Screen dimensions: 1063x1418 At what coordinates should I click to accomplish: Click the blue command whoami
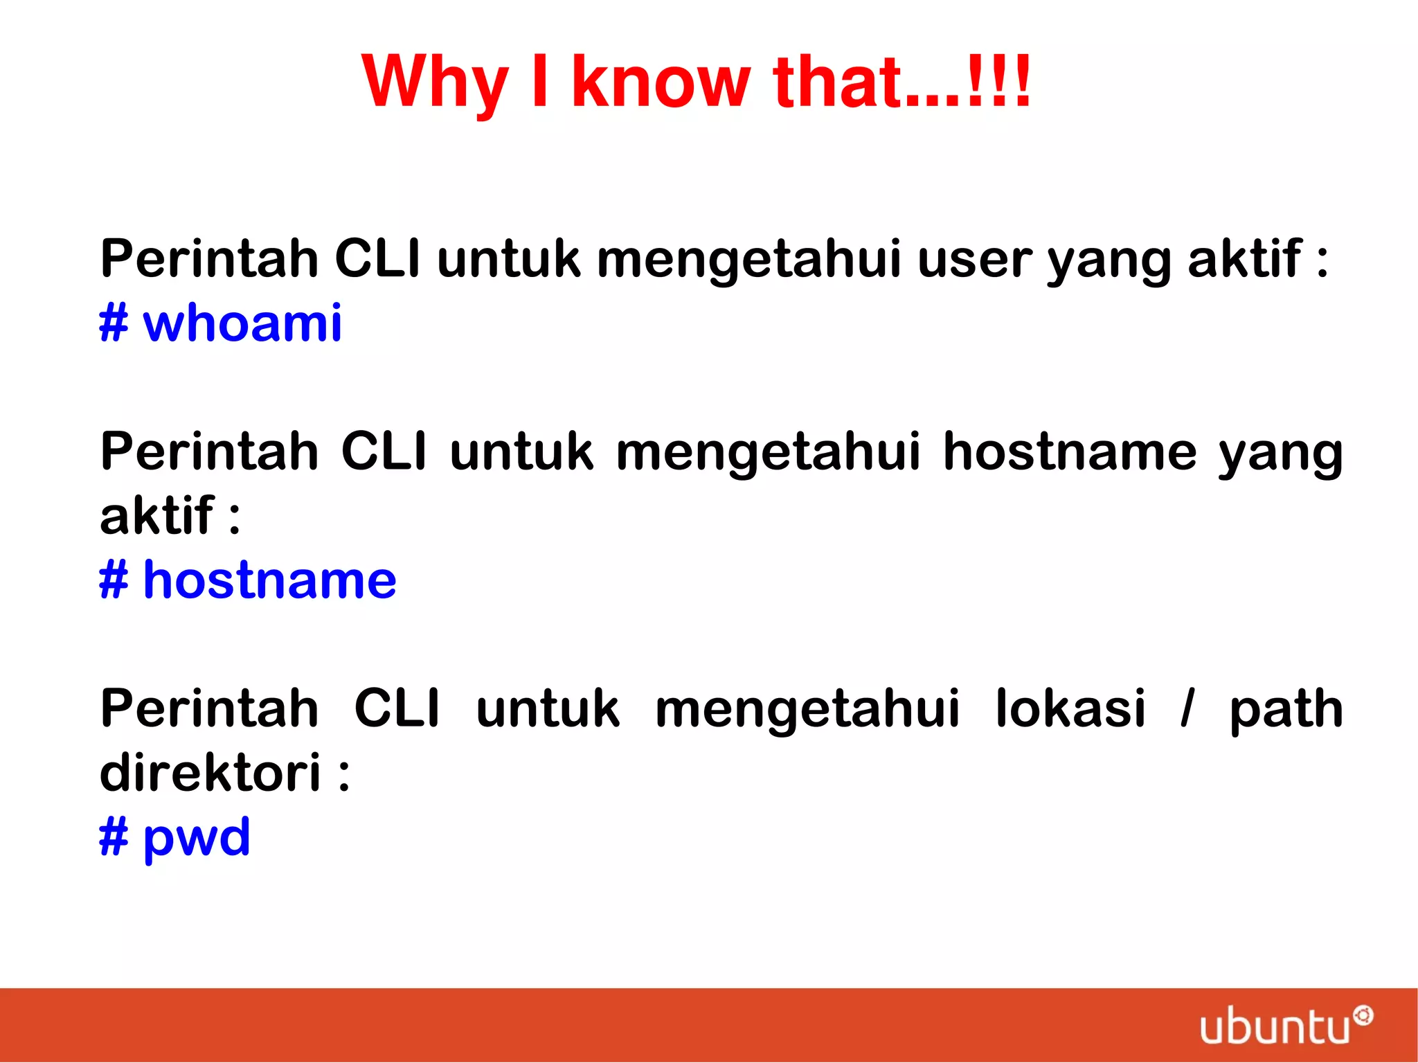[x=242, y=324]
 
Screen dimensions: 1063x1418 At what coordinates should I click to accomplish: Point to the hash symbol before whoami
[x=114, y=324]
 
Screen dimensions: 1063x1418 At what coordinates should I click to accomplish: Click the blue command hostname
[x=269, y=580]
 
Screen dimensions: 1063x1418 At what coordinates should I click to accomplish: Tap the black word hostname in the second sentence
[x=1070, y=452]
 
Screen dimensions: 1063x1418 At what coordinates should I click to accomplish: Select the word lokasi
[x=1070, y=709]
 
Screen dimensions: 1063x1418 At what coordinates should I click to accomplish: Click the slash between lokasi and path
[x=1187, y=709]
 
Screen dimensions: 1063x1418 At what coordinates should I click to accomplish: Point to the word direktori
[x=210, y=773]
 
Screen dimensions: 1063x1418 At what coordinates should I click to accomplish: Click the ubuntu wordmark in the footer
[x=1274, y=1027]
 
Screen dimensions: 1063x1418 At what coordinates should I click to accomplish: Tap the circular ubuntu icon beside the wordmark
[x=1363, y=1016]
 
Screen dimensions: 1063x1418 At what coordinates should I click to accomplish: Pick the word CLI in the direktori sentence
[x=397, y=709]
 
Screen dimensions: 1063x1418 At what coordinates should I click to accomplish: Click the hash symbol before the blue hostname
[x=114, y=580]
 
